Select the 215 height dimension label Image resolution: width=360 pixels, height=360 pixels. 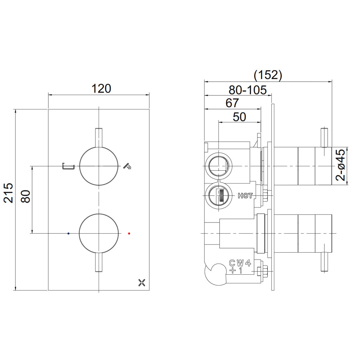pos(9,193)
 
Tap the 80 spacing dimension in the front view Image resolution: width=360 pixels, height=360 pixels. pos(26,197)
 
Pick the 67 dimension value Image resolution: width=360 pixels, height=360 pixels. pos(232,103)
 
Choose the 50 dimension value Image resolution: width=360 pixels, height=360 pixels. pos(239,117)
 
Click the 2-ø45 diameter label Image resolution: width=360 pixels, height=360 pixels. pos(341,165)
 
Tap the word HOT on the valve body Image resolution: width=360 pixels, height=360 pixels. pos(245,196)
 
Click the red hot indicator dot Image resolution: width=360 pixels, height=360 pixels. pos(129,233)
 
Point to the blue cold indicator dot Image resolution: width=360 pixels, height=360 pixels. pos(68,233)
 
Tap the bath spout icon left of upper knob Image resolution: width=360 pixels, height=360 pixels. pos(68,166)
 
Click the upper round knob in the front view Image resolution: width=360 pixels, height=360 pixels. pos(99,166)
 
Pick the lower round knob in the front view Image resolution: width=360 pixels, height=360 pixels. pos(99,233)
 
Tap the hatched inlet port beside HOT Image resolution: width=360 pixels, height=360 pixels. pos(219,196)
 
